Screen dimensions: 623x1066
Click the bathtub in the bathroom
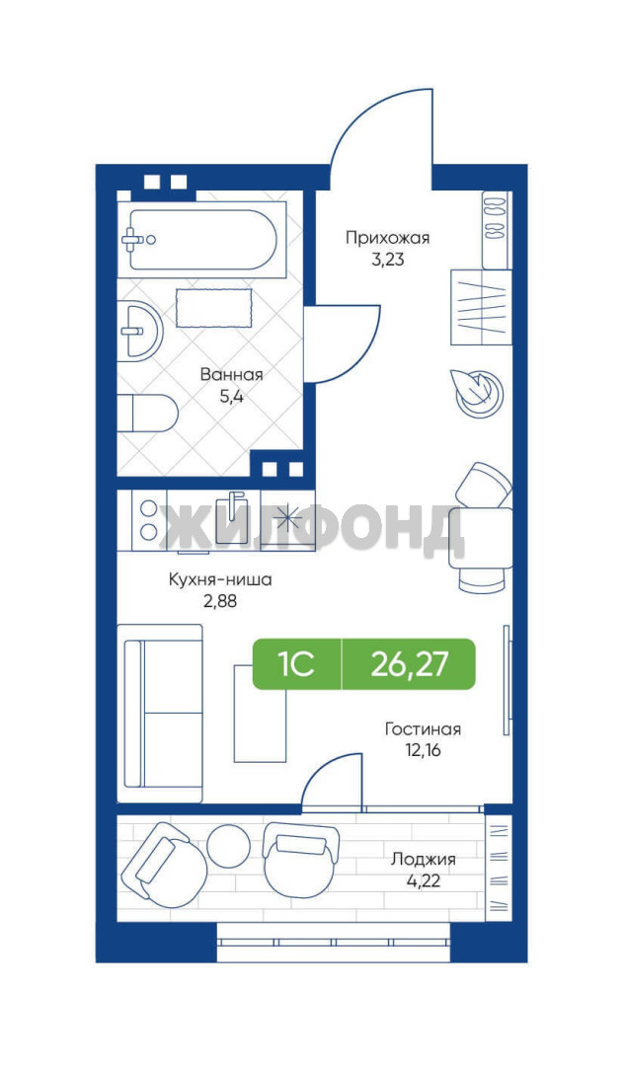point(201,239)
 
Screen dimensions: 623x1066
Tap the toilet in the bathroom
point(147,412)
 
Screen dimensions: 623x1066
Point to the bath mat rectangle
point(214,308)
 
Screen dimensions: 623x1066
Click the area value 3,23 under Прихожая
point(388,259)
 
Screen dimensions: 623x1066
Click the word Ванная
point(231,375)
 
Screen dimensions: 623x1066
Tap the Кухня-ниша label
point(220,580)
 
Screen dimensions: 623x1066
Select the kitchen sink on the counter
point(232,516)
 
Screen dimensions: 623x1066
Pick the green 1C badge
point(297,663)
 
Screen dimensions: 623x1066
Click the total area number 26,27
point(410,663)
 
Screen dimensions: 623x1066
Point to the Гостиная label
point(423,729)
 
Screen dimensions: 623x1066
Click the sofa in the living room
point(161,714)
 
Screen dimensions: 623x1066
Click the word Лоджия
point(423,859)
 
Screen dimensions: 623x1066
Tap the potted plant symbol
point(479,392)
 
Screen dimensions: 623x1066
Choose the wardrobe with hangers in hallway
point(481,307)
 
